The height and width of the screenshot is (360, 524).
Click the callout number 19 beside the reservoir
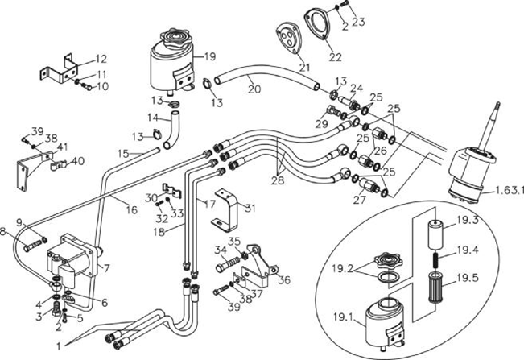point(210,56)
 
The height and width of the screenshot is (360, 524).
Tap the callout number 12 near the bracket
point(101,59)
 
